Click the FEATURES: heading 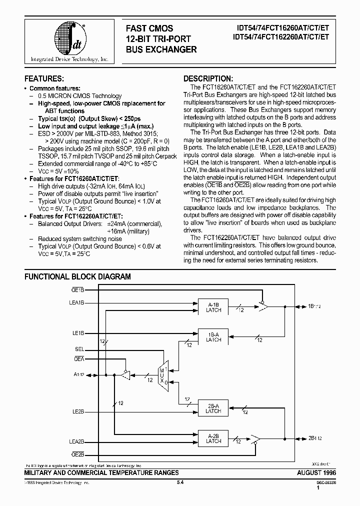(x=44, y=79)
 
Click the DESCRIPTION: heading (x=207, y=79)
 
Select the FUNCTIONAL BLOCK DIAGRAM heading (x=77, y=276)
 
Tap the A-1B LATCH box (x=213, y=307)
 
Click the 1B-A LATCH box (x=213, y=337)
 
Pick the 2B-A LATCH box (x=213, y=407)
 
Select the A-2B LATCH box (x=213, y=438)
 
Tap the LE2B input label (x=78, y=412)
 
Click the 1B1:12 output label (x=315, y=305)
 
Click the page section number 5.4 (x=180, y=482)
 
